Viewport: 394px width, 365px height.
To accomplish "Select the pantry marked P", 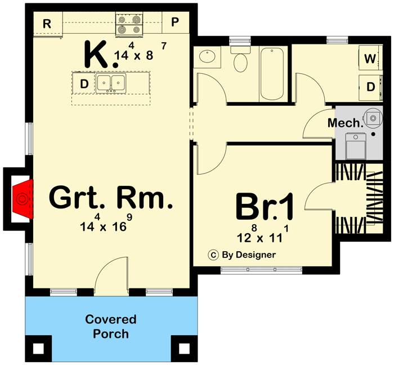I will point(175,23).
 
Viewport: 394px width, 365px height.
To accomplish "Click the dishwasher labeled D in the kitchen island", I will point(84,84).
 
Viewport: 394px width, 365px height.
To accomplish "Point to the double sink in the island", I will point(111,83).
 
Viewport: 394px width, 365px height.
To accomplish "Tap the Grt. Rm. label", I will point(110,198).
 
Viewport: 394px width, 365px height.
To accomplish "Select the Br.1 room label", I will point(265,207).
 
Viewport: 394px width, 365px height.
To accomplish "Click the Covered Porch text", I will point(111,327).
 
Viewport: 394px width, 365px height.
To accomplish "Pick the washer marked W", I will point(370,59).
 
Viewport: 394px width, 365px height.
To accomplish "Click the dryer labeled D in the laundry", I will point(370,87).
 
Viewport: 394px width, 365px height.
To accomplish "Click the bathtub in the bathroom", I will point(273,74).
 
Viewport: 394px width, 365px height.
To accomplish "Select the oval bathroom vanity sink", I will point(206,57).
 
